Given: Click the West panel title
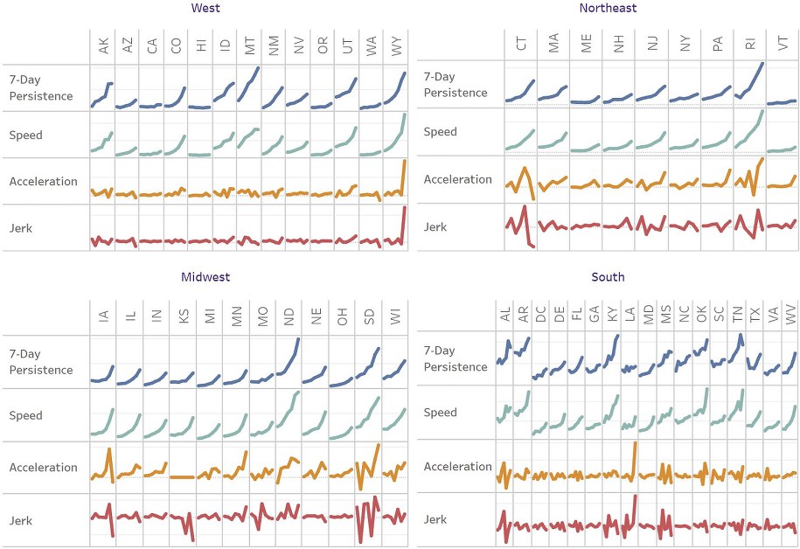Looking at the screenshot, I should pos(205,9).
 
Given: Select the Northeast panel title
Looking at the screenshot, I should pos(608,9).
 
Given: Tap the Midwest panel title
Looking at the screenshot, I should pos(205,277).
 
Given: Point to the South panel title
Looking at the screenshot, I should pos(608,277).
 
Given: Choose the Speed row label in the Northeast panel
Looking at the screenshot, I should pos(440,132).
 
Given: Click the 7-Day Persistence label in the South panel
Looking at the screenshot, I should pos(449,358).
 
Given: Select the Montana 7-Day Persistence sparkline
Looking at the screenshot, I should pos(249,86).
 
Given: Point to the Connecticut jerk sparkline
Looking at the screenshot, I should pos(520,227).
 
